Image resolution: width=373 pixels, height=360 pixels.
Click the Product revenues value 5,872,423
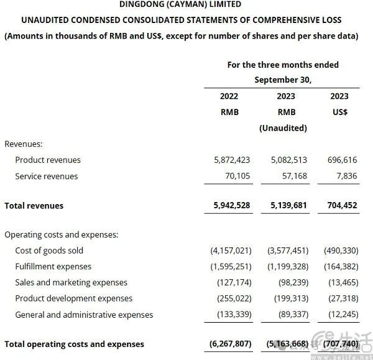pyautogui.click(x=232, y=160)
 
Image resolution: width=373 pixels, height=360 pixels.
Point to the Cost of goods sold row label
pyautogui.click(x=49, y=251)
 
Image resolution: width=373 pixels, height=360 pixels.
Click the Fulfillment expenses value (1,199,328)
pyautogui.click(x=285, y=267)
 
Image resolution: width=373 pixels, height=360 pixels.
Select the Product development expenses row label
pyautogui.click(x=74, y=299)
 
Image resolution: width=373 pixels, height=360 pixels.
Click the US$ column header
pyautogui.click(x=340, y=113)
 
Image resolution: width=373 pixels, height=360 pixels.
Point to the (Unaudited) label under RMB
pyautogui.click(x=283, y=129)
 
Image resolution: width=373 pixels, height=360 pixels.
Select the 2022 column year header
pyautogui.click(x=229, y=96)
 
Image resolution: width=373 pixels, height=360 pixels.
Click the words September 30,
pyautogui.click(x=283, y=80)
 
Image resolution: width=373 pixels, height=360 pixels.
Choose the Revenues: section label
pyautogui.click(x=24, y=144)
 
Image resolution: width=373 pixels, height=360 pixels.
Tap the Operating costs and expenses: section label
pyautogui.click(x=62, y=234)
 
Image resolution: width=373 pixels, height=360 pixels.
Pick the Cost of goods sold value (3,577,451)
pyautogui.click(x=285, y=251)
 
